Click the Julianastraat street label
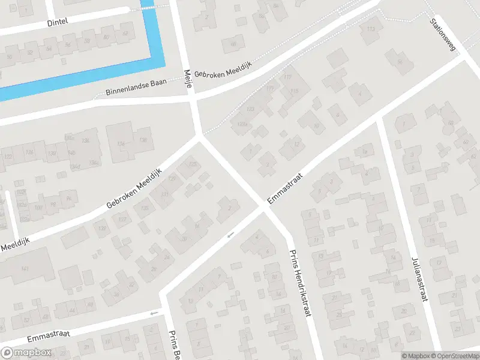pos(418,279)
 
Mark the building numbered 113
pos(371,29)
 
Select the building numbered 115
pos(293,91)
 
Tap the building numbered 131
pos(164,195)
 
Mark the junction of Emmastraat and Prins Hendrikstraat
pos(263,209)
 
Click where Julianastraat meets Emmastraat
pos(379,118)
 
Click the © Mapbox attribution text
pos(414,355)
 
